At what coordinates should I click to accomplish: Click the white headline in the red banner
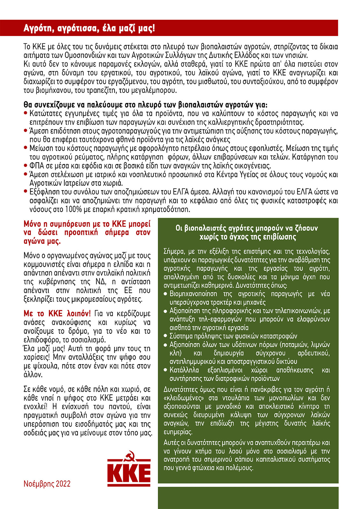coord(89,28)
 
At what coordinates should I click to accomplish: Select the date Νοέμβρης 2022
coord(47,484)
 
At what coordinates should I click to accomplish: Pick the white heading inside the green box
coord(247,232)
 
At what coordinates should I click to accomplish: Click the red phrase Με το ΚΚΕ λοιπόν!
coord(57,314)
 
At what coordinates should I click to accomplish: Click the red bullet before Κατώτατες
coord(26,113)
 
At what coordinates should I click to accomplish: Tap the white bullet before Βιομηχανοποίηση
coord(165,294)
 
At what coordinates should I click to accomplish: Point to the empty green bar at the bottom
coord(248,498)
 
